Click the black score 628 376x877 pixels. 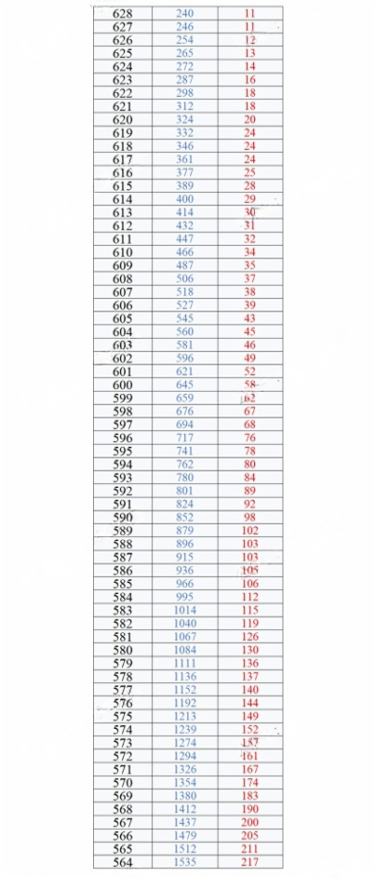(x=122, y=14)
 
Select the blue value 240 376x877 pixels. (x=185, y=14)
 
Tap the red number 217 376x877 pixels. (x=249, y=862)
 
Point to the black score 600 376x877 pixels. (x=122, y=385)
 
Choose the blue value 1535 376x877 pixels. (x=185, y=862)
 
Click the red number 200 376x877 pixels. (x=249, y=822)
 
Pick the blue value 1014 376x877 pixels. (x=185, y=610)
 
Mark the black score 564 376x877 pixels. (x=122, y=862)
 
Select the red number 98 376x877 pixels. (x=249, y=518)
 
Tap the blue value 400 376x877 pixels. (x=185, y=199)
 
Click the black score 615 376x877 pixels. (x=122, y=186)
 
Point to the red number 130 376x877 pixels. (x=249, y=650)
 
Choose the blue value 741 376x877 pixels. (x=185, y=451)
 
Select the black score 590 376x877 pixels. (x=122, y=518)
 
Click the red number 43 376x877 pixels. (x=249, y=318)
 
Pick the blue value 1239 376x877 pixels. (x=185, y=729)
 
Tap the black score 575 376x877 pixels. (x=122, y=716)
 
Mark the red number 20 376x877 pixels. (x=249, y=120)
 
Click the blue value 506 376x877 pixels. (x=185, y=278)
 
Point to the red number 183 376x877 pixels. (x=249, y=796)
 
